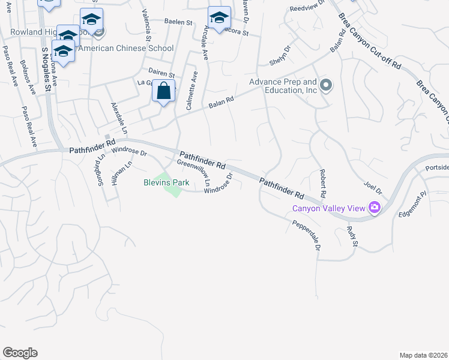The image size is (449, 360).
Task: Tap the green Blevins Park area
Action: point(173,191)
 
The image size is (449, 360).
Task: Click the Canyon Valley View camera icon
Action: point(375,208)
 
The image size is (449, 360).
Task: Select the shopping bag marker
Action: point(164,92)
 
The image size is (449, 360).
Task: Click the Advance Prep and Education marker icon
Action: point(326,85)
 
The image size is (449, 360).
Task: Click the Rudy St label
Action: point(352,236)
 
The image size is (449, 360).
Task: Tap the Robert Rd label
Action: point(322,184)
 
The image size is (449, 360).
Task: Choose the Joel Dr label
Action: point(373,186)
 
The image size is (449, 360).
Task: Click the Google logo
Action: point(20,353)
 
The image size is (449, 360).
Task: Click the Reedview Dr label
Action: point(306,8)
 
